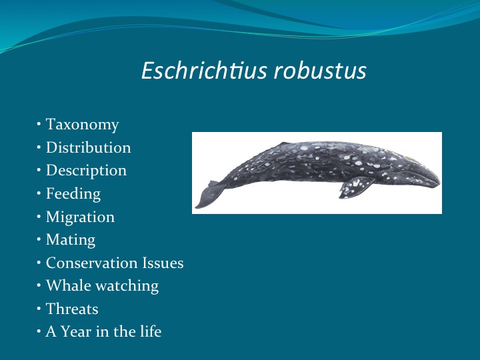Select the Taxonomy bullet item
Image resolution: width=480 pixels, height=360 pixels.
82,125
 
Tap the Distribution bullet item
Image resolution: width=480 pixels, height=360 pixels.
88,147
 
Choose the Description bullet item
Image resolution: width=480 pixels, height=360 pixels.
86,171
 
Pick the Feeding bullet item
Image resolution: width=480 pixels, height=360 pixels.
73,194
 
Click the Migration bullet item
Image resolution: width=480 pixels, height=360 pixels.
80,217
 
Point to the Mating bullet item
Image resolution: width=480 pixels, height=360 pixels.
71,240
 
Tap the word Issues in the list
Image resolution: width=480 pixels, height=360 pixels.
162,263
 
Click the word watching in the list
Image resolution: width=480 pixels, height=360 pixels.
126,286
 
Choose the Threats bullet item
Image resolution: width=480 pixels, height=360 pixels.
72,309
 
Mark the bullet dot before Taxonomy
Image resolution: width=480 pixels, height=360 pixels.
40,125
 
